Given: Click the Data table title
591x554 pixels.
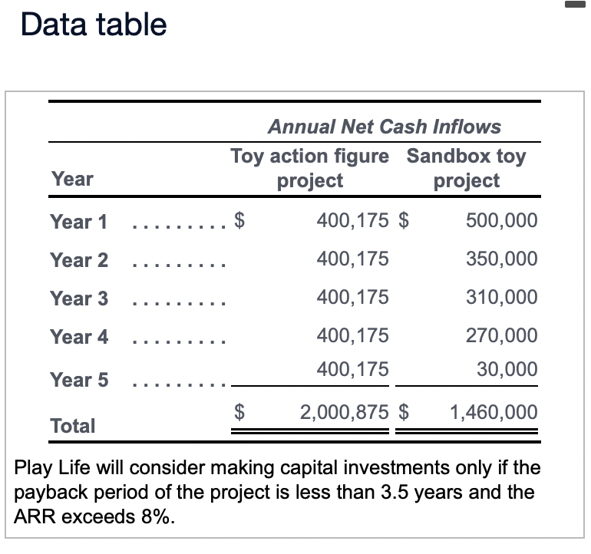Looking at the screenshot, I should [94, 25].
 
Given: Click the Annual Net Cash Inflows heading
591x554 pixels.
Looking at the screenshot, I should [384, 127].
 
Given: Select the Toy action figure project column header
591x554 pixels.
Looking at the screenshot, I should [309, 168].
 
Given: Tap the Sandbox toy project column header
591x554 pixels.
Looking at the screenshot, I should [466, 168].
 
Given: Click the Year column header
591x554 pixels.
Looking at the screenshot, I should [72, 179].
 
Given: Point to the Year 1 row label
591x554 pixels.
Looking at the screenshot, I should [79, 222].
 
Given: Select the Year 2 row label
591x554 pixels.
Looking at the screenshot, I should [79, 260].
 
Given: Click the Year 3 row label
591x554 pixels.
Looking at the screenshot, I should [79, 298].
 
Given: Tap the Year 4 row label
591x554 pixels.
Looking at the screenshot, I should [79, 336].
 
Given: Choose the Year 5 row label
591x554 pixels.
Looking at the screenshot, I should [79, 380].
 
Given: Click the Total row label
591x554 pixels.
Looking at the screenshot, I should [73, 426].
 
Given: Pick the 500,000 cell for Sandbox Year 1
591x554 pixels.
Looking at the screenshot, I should [501, 221].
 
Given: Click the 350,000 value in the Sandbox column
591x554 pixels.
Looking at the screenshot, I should [501, 259].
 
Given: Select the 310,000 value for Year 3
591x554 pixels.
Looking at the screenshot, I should [501, 297].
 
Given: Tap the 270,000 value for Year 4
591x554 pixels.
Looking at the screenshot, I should [501, 335].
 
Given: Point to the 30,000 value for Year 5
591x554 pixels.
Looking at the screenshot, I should [507, 369].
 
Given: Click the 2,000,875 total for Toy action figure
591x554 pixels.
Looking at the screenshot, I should [344, 412].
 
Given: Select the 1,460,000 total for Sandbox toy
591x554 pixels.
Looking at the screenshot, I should [494, 412].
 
